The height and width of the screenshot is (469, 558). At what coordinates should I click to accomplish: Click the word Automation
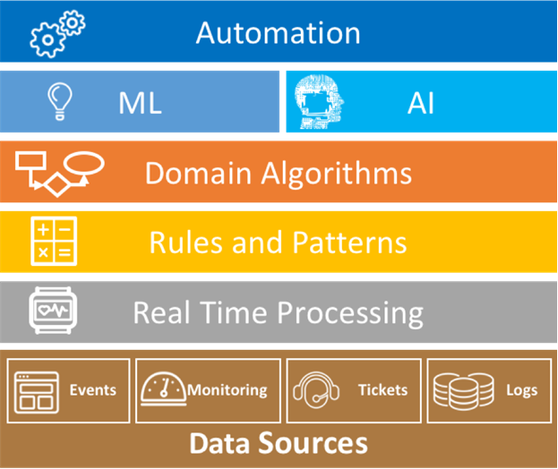278,33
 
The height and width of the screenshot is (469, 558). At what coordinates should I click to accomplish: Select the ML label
141,103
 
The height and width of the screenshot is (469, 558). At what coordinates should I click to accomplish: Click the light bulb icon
60,101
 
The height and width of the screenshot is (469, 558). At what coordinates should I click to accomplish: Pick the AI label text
421,103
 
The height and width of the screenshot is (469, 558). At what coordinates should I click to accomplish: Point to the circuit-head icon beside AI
319,102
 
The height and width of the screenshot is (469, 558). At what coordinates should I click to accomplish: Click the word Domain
198,173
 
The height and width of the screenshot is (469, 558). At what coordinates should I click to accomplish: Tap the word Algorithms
337,174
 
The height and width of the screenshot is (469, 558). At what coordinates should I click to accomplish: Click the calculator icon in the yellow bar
54,241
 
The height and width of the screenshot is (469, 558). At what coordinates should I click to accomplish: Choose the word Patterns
349,243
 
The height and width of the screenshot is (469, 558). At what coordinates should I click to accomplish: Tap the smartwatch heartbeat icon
53,311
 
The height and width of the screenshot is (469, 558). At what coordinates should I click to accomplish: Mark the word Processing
350,313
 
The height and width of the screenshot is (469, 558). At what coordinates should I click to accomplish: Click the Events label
93,390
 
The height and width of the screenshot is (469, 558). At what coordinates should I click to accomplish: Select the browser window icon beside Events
37,393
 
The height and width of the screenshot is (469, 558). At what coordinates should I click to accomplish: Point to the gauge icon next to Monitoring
163,389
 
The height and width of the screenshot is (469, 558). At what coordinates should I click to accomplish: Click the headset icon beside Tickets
316,389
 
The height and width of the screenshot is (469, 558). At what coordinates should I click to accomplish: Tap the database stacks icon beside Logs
463,391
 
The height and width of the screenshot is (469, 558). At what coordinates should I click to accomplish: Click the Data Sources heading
279,443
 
